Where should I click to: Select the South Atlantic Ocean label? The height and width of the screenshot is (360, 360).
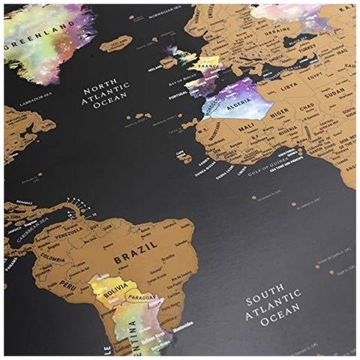[x=274, y=308]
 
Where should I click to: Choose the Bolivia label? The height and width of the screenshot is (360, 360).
[x=110, y=287]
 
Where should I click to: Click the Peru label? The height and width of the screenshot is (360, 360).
[x=68, y=286]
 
